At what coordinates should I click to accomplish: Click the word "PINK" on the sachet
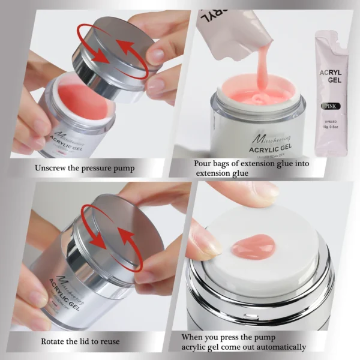(x=331, y=106)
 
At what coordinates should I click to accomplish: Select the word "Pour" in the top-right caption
(x=203, y=163)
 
